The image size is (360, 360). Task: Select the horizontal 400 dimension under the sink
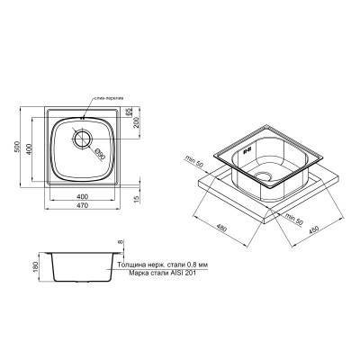point(83,196)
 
